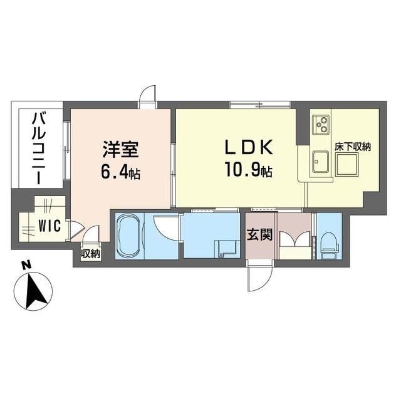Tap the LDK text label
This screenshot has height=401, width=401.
(249, 148)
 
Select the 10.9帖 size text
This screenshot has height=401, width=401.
(249, 170)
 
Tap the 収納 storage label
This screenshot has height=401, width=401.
(90, 254)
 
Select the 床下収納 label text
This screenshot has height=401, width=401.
(353, 148)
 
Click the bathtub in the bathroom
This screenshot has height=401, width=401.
(129, 236)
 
